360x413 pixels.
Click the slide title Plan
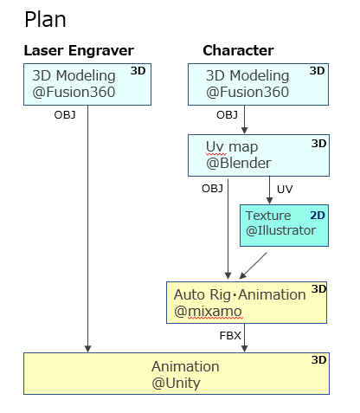(x=45, y=20)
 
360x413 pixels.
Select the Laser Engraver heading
(x=79, y=51)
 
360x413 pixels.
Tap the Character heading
(x=238, y=50)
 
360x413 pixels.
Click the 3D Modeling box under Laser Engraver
(x=87, y=84)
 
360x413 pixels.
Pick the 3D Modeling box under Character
(x=258, y=84)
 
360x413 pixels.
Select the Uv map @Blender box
(x=259, y=155)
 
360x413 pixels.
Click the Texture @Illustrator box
(x=284, y=225)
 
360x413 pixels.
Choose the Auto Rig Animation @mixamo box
(x=247, y=302)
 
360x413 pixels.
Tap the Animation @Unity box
(x=177, y=373)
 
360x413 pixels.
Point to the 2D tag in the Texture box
(x=318, y=216)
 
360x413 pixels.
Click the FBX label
(x=230, y=336)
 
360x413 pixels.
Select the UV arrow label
(x=285, y=190)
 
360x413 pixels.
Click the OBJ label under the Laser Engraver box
(x=65, y=115)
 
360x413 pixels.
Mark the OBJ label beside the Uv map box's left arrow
(x=212, y=189)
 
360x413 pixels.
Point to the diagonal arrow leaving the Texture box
(x=254, y=266)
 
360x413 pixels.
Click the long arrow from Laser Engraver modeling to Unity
(x=88, y=229)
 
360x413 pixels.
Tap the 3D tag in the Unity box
(x=318, y=360)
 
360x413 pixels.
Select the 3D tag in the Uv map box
(x=318, y=144)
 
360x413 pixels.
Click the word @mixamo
(x=208, y=311)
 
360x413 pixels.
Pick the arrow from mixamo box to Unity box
(x=245, y=338)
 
